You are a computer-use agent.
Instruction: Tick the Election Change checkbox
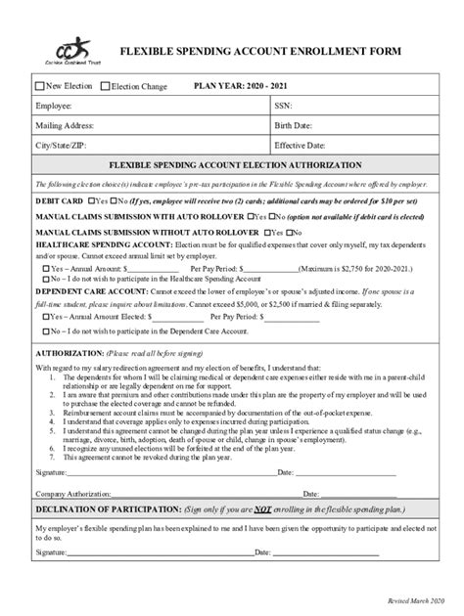pyautogui.click(x=106, y=86)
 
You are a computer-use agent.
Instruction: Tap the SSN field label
pyautogui.click(x=283, y=106)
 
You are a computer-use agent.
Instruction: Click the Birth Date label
pyautogui.click(x=293, y=126)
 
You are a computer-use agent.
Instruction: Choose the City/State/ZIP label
pyautogui.click(x=62, y=146)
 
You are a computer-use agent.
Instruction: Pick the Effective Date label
pyautogui.click(x=300, y=146)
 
